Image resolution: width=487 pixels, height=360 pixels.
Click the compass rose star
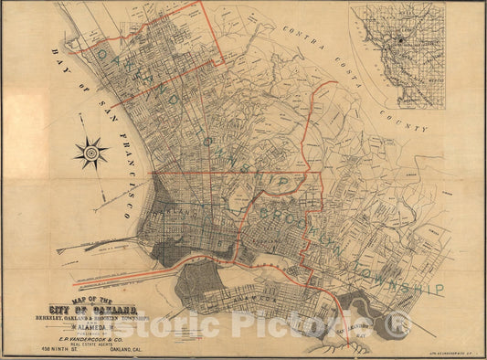tap(91, 153)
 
